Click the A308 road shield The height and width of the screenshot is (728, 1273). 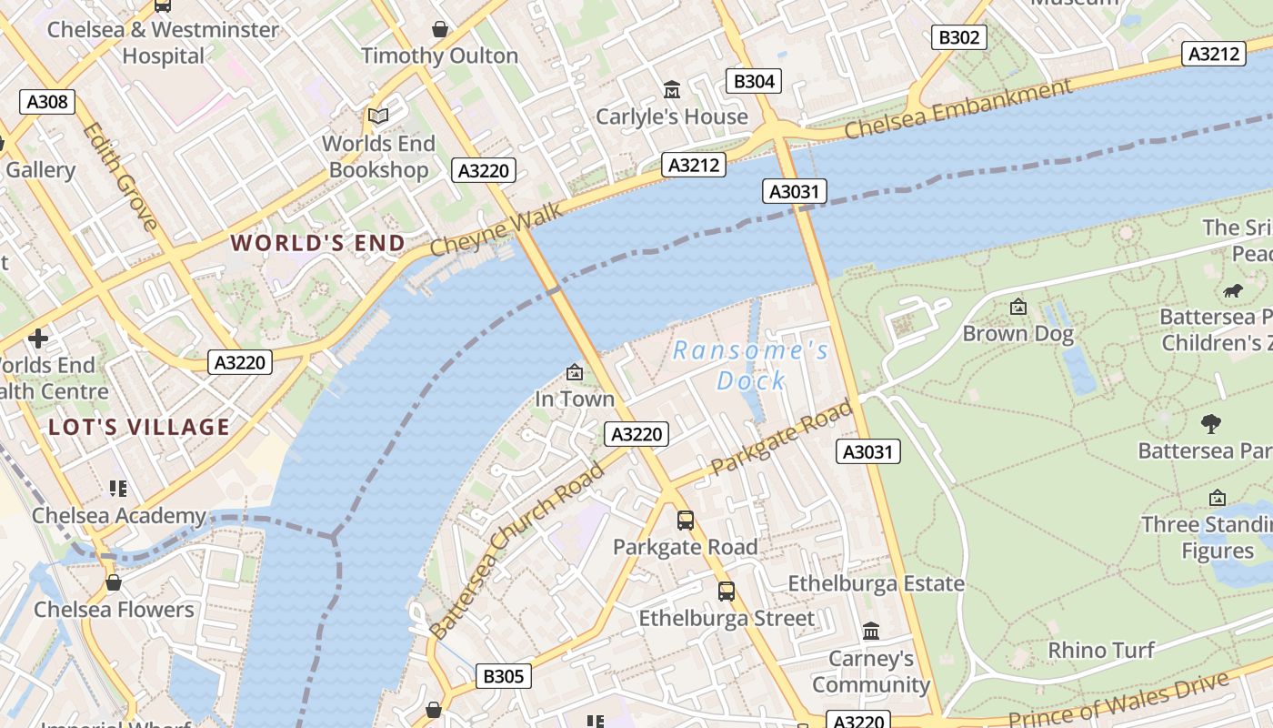point(47,102)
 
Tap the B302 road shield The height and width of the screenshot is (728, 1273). point(959,37)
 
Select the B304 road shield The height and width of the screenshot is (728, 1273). point(754,81)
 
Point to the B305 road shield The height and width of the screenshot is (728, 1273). point(503,676)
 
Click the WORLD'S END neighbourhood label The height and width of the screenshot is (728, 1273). point(317,243)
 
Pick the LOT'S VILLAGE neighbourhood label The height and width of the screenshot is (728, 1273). point(139,427)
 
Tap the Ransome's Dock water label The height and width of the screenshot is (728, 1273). point(751,365)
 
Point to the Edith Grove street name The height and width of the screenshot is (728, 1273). point(120,177)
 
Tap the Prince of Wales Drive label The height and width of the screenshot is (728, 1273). point(1118,703)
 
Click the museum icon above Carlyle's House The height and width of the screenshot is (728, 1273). point(672,89)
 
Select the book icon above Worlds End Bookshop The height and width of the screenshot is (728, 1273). point(378,116)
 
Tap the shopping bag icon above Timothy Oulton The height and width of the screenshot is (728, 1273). point(440,29)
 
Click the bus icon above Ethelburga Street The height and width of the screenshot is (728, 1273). point(727,591)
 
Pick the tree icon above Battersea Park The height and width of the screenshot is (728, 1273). point(1210,423)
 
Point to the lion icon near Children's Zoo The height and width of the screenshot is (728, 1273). point(1233,291)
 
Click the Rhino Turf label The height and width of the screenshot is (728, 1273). point(1101,650)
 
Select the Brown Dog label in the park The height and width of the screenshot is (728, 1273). point(1017,333)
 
